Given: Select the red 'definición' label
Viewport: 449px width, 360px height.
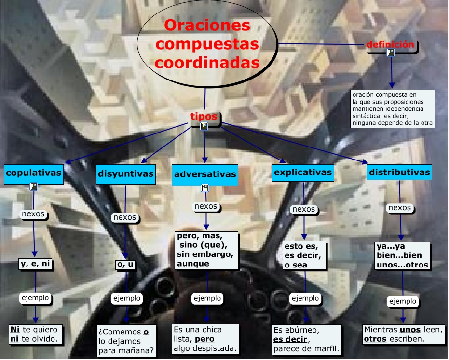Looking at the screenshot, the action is tap(390, 45).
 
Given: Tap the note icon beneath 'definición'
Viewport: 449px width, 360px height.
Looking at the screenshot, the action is tap(391, 53).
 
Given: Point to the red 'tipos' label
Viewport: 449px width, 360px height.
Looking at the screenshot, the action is tap(204, 117).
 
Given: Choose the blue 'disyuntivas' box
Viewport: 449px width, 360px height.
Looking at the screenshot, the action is tap(126, 173).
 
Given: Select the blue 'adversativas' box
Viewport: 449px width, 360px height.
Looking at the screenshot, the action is tap(205, 174).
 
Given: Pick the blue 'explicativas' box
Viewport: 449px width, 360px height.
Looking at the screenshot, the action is tap(303, 172).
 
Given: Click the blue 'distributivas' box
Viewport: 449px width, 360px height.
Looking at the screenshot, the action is tap(399, 172).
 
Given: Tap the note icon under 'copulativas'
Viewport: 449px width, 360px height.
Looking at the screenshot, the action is tap(34, 187).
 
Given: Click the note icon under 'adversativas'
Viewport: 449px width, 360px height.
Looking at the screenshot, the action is tap(205, 188).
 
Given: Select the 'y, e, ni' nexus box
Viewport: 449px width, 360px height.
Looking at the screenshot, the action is tap(35, 264).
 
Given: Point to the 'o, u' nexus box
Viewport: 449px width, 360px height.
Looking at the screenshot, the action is tap(125, 264).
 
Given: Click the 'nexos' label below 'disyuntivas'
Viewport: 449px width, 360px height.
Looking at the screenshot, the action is tap(124, 217).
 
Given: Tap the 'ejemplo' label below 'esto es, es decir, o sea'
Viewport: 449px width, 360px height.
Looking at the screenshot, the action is tap(305, 298).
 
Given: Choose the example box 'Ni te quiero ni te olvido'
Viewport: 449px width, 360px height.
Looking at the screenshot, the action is tap(34, 334).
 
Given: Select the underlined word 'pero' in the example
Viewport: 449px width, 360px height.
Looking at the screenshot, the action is tap(204, 339).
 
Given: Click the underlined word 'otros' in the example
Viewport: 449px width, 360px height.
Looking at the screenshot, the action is tap(375, 339).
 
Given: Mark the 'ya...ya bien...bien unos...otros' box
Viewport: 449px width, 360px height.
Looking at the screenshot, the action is tap(402, 255).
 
